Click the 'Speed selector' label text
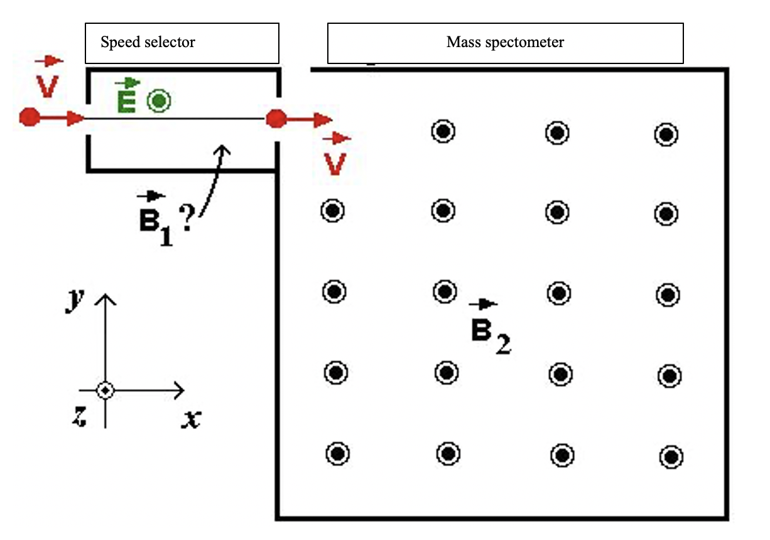point(148,43)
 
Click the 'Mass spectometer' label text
point(505,43)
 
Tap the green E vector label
point(127,97)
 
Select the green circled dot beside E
point(159,100)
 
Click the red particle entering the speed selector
point(28,117)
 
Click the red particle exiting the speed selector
point(276,118)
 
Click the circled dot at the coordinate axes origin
point(106,391)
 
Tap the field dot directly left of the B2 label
point(445,292)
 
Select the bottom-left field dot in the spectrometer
point(337,453)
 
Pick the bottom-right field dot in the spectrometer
point(671,457)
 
